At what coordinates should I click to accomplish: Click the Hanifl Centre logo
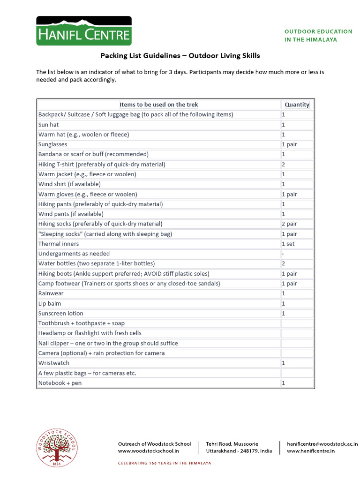(x=84, y=31)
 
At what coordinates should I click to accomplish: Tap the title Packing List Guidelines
(x=180, y=56)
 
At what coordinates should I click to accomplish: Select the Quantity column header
(x=297, y=105)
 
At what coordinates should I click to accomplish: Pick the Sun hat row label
(x=48, y=125)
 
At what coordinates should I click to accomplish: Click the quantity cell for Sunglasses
(x=289, y=144)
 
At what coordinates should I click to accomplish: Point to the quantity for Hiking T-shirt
(x=284, y=165)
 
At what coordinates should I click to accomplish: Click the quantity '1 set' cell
(x=288, y=244)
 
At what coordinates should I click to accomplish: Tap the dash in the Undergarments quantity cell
(x=283, y=254)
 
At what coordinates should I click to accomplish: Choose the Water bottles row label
(x=96, y=263)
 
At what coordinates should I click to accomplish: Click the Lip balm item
(x=50, y=303)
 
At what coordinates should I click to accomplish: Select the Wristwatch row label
(x=53, y=363)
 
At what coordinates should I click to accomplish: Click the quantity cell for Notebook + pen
(x=284, y=383)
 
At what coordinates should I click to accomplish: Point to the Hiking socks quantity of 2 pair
(x=289, y=224)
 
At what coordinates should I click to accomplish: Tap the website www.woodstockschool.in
(x=148, y=451)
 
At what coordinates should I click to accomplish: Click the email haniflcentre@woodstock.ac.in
(x=322, y=443)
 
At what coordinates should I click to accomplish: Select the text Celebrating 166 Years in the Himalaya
(x=164, y=463)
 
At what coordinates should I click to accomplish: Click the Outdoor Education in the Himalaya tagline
(x=318, y=36)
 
